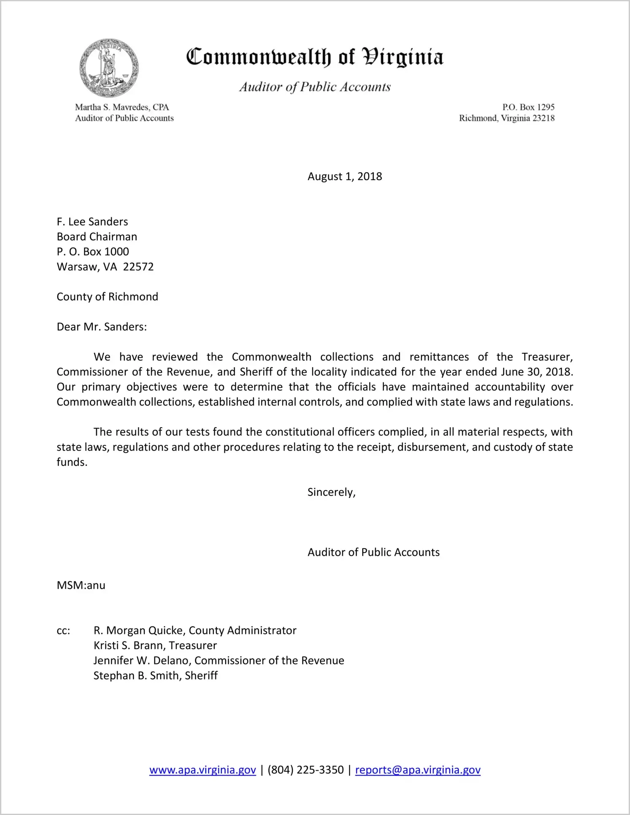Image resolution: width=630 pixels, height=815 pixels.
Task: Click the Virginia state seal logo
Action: [x=109, y=68]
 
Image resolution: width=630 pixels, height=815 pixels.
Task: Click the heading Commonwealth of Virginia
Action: [x=315, y=57]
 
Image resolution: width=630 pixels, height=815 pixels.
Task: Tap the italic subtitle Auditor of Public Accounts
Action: [x=315, y=87]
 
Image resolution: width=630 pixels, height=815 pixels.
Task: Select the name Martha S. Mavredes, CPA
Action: [x=122, y=107]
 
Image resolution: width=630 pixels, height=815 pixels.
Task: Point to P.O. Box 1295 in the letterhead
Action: [x=528, y=107]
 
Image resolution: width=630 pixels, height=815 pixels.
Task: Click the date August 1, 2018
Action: [x=345, y=176]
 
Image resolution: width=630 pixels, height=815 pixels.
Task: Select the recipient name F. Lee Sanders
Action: [x=92, y=222]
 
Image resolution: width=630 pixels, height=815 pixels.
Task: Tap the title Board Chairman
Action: [x=97, y=237]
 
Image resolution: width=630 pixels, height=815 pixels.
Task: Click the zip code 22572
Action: [x=138, y=267]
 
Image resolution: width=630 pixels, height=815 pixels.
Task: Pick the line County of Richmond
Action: [x=108, y=297]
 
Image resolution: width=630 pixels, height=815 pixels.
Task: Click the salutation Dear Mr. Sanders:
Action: [x=102, y=327]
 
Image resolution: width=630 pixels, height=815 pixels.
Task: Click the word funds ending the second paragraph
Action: [x=72, y=462]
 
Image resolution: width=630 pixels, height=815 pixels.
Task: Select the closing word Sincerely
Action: [x=331, y=492]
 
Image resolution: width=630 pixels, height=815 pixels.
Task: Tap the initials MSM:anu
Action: [x=81, y=585]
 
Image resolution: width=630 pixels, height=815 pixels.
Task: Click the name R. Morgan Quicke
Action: [x=138, y=631]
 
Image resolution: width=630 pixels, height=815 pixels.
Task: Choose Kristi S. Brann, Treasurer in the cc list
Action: [x=155, y=645]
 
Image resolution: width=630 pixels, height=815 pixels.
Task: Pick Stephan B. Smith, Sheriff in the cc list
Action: [x=156, y=676]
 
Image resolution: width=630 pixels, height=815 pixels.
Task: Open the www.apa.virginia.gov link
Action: [x=202, y=770]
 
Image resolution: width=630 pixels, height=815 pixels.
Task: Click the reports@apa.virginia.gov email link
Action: [x=417, y=770]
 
